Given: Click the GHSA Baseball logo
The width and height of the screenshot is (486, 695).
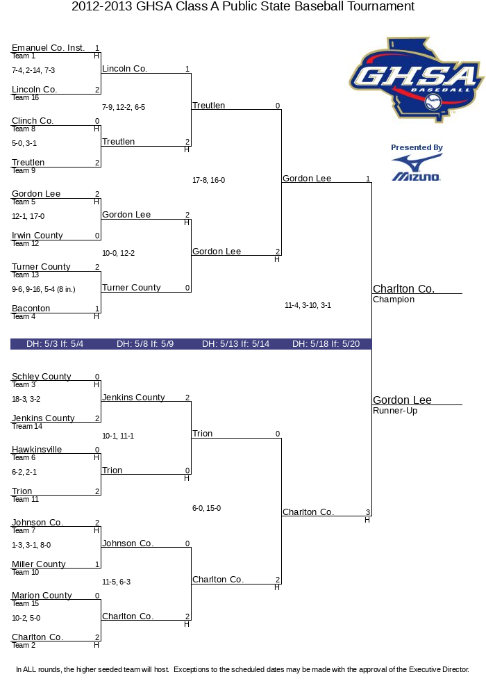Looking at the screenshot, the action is [x=416, y=79].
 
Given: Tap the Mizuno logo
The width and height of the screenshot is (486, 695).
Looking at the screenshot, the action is [x=417, y=168].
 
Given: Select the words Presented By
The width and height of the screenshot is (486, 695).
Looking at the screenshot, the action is [x=417, y=147].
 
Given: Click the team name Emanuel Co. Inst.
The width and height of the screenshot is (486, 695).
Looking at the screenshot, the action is [x=48, y=48].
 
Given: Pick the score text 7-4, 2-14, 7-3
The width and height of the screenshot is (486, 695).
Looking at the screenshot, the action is [x=33, y=70].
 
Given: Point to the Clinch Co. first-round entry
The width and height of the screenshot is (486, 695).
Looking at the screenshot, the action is [x=33, y=120].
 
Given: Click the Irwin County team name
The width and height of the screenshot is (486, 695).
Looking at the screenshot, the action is [x=37, y=236].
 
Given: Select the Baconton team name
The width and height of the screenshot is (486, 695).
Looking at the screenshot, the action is [x=31, y=309].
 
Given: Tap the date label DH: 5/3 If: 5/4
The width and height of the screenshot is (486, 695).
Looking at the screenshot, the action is [x=55, y=344].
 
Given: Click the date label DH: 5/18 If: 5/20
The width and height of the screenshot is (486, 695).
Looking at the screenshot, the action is [x=326, y=344].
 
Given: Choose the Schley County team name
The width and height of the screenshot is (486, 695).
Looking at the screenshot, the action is [x=41, y=376].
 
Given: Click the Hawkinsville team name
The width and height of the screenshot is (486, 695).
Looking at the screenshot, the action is [x=37, y=450].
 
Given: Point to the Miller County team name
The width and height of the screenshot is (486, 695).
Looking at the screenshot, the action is [x=38, y=564].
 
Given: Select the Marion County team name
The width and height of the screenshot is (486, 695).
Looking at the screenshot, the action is [x=42, y=596].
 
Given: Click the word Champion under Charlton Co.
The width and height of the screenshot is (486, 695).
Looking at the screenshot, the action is [x=394, y=300].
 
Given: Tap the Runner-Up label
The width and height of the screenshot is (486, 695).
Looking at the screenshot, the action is [x=395, y=411].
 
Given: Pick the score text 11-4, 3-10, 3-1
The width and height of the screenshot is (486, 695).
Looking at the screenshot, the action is [x=308, y=305].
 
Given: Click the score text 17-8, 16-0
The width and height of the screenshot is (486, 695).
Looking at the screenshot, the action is [x=208, y=180].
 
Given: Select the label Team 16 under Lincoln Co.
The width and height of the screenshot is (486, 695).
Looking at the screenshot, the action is [x=25, y=97].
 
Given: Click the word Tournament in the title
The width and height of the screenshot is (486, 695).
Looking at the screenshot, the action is [x=380, y=7].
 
